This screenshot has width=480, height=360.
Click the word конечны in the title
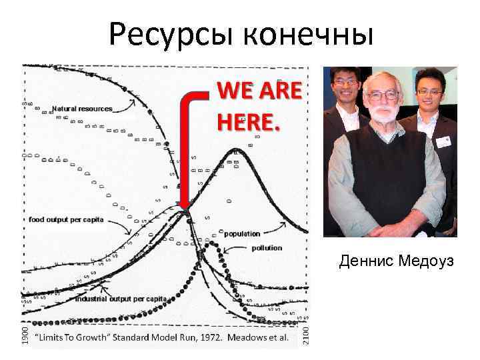[311, 33]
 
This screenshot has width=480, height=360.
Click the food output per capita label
[66, 220]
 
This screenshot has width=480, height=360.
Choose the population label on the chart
[242, 234]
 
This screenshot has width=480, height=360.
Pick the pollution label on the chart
[267, 248]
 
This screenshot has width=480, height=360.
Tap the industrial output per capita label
[121, 299]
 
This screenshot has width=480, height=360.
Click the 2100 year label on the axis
[305, 335]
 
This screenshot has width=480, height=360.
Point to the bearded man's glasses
[382, 95]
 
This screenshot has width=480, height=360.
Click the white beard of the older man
[383, 117]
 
